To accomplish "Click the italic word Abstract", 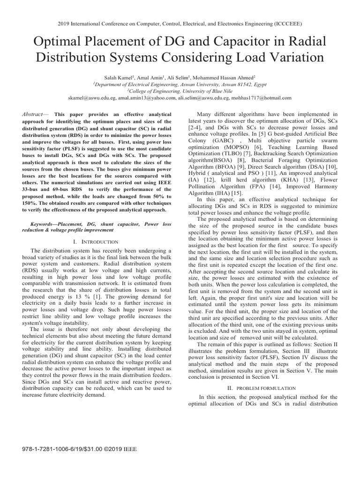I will click(x=33, y=114).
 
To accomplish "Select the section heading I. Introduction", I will click(x=96, y=241).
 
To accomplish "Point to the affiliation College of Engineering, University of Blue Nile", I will click(x=180, y=90).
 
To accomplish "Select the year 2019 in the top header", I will click(x=64, y=22).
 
